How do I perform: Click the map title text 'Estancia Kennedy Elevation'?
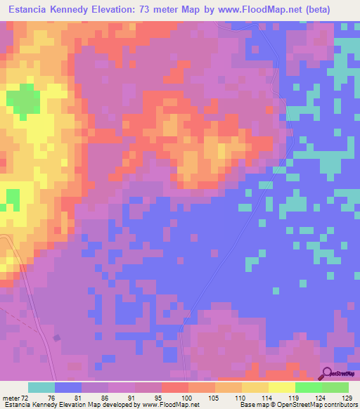point(73,10)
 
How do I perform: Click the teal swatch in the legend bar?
point(41,387)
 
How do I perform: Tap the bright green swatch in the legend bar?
point(308,387)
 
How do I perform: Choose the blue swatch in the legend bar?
point(68,387)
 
